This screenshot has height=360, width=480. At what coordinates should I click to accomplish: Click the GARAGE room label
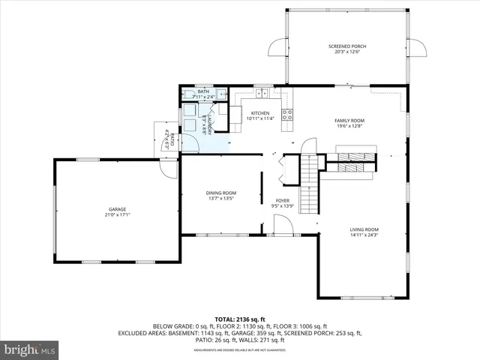(x=117, y=209)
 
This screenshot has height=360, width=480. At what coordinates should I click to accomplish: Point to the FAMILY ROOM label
(x=349, y=121)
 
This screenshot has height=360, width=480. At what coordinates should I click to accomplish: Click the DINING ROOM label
(x=221, y=193)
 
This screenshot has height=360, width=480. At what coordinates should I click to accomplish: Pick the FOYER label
(x=282, y=200)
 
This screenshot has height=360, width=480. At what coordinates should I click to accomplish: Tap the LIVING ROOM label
(x=364, y=229)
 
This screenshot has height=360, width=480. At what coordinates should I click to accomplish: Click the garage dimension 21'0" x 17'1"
(x=117, y=215)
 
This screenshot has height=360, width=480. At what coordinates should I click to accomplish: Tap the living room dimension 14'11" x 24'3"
(x=364, y=235)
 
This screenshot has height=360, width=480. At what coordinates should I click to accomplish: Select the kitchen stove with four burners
(x=286, y=115)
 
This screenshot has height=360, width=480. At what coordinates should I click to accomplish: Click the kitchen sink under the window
(x=262, y=94)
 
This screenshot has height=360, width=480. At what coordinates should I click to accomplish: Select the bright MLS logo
(x=30, y=350)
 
